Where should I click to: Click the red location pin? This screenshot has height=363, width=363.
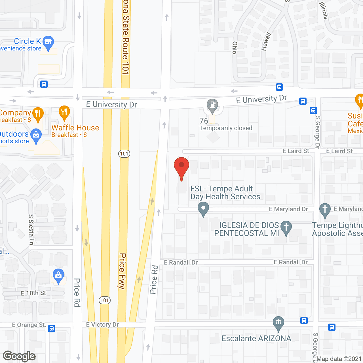pyautogui.click(x=181, y=166)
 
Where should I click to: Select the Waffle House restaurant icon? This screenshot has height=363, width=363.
pyautogui.click(x=64, y=113)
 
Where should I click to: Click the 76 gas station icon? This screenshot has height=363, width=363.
pyautogui.click(x=212, y=105)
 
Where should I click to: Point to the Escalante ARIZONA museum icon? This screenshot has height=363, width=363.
pyautogui.click(x=278, y=323)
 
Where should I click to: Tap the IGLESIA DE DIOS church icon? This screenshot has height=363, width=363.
pyautogui.click(x=286, y=227)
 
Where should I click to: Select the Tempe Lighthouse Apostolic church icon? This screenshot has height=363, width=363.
pyautogui.click(x=325, y=210)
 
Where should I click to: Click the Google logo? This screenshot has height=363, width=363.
pyautogui.click(x=19, y=356)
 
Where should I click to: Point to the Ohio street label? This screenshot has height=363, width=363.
pyautogui.click(x=235, y=48)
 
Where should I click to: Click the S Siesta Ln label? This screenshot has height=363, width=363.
pyautogui.click(x=31, y=229)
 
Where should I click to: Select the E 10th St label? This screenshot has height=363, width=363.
pyautogui.click(x=33, y=293)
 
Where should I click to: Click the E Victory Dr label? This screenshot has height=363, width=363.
pyautogui.click(x=102, y=324)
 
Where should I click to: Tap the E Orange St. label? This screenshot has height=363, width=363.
pyautogui.click(x=29, y=325)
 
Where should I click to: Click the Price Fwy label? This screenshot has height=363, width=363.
pyautogui.click(x=122, y=271)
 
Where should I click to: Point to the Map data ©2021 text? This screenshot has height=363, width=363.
pyautogui.click(x=339, y=359)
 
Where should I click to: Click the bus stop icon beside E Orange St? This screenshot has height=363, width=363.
pyautogui.click(x=52, y=329)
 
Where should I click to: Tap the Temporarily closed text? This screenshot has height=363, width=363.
pyautogui.click(x=226, y=128)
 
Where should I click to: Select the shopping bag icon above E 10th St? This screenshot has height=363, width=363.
pyautogui.click(x=58, y=275)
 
